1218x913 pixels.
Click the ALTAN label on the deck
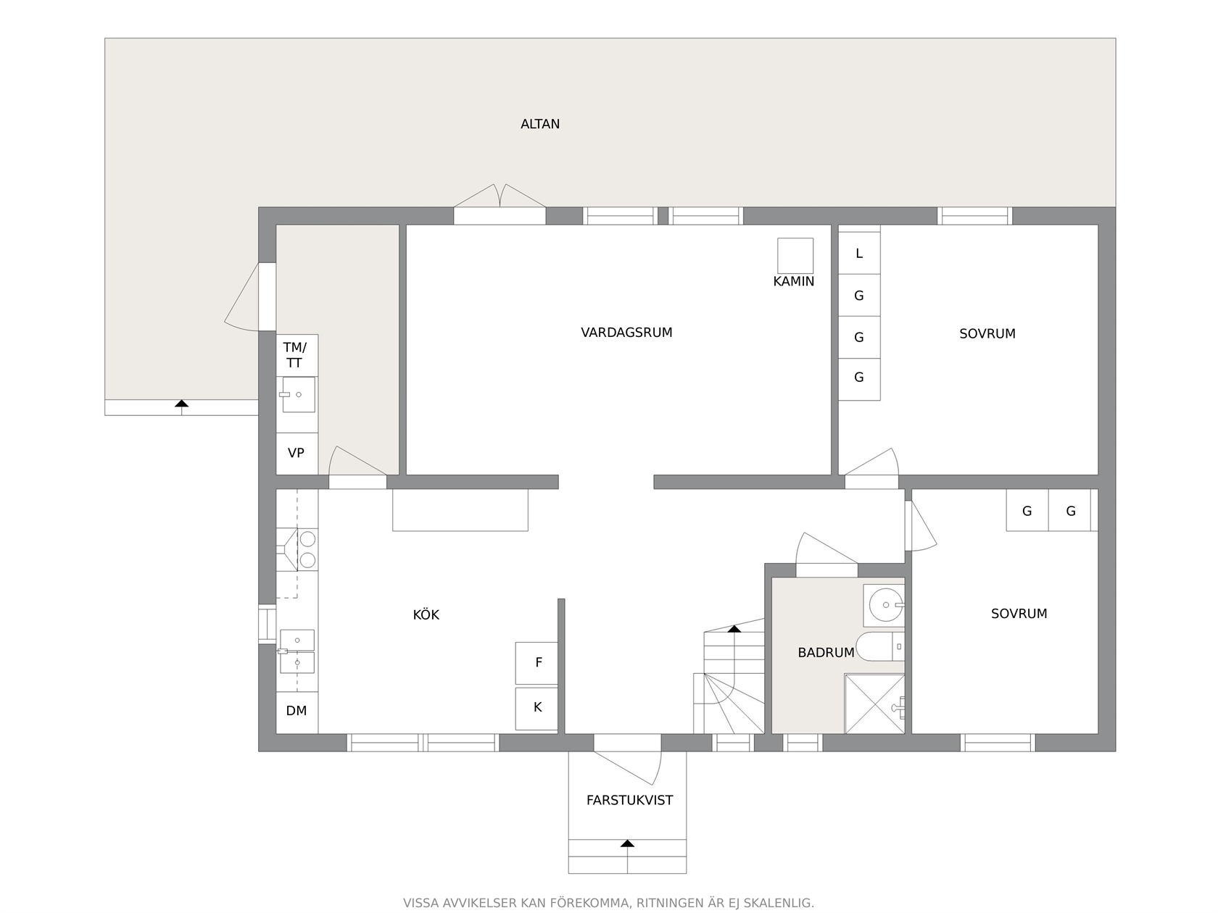click(x=540, y=124)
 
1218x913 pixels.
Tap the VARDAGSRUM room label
click(x=626, y=333)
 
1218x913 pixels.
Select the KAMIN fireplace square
click(x=795, y=256)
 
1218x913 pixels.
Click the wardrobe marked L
click(x=859, y=254)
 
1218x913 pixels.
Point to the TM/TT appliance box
click(x=297, y=355)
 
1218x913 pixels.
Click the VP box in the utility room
click(x=297, y=454)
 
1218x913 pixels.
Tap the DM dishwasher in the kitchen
click(x=297, y=712)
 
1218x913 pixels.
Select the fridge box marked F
click(x=536, y=663)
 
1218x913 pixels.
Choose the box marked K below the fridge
click(x=536, y=709)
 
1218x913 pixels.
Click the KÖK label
click(x=426, y=614)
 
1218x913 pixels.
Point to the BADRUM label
click(x=826, y=653)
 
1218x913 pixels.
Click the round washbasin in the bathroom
click(x=886, y=605)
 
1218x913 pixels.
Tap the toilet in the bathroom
click(x=880, y=646)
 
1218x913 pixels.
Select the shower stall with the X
click(x=874, y=704)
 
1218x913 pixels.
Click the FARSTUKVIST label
click(x=630, y=801)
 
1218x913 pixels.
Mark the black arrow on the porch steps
click(x=628, y=843)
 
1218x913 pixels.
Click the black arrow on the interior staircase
click(x=734, y=629)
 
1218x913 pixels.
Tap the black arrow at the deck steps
click(x=181, y=403)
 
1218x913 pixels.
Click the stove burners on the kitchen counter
click(x=307, y=549)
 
